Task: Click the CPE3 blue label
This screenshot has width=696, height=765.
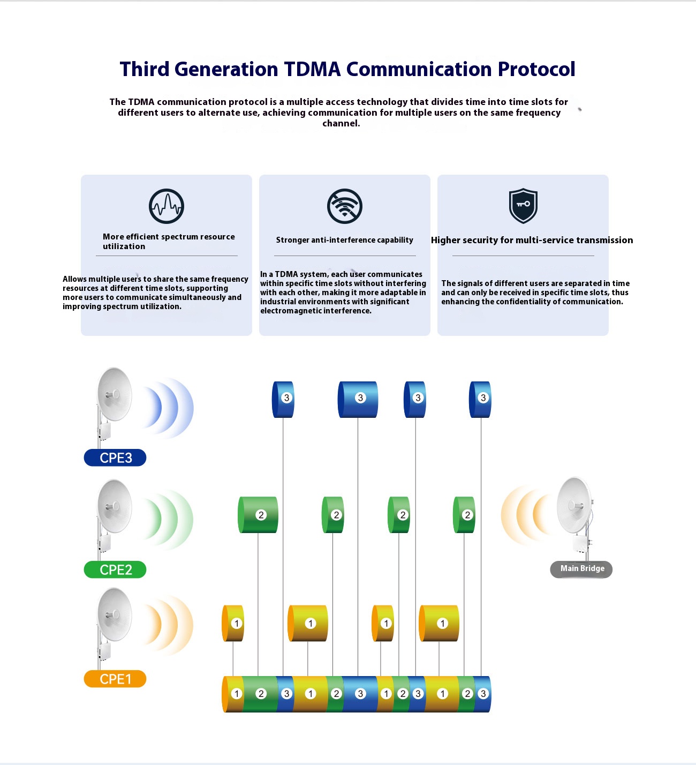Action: [x=115, y=458]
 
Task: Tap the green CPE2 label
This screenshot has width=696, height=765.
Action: [x=115, y=569]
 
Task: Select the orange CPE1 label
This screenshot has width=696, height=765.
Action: [x=115, y=679]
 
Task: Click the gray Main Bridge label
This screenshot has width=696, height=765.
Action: [x=581, y=569]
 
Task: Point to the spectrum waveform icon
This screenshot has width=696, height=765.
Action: [x=167, y=206]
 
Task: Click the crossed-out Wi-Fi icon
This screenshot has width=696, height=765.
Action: [x=345, y=206]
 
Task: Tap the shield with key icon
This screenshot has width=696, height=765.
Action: [x=523, y=205]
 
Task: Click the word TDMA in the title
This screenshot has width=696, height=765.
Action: [x=312, y=69]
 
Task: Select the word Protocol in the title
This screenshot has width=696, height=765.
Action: [x=536, y=69]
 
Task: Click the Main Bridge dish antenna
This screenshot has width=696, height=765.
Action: [x=574, y=506]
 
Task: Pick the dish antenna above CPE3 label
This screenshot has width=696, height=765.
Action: [x=114, y=395]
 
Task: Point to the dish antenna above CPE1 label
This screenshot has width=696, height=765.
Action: [x=114, y=614]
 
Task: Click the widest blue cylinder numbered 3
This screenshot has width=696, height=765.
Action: [x=358, y=400]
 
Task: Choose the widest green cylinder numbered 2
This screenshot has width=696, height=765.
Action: [x=258, y=515]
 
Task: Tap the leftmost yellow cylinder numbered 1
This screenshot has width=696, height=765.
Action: [x=233, y=623]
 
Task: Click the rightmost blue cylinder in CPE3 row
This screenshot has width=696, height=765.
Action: [x=480, y=400]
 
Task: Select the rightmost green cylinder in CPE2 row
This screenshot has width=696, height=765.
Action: [x=464, y=515]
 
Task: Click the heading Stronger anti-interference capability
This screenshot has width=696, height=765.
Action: [x=345, y=240]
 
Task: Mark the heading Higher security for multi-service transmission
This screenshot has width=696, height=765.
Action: [x=532, y=240]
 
